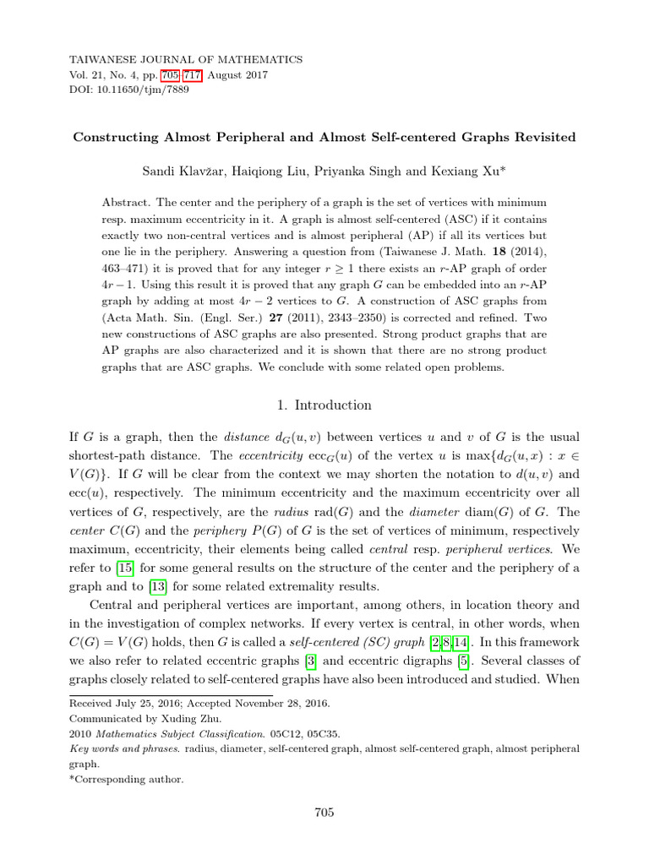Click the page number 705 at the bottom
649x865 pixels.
pos(324,813)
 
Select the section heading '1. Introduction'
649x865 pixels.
pos(324,405)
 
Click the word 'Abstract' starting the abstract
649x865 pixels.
pos(124,204)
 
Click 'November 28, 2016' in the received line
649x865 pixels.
pos(281,704)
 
